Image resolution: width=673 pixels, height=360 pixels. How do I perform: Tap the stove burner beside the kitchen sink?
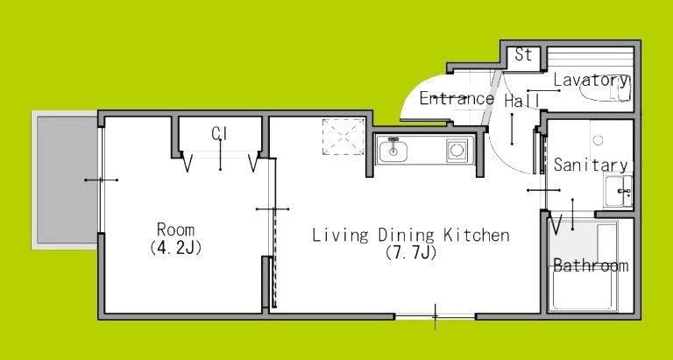click(x=457, y=152)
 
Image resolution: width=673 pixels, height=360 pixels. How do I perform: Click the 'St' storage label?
click(x=523, y=54)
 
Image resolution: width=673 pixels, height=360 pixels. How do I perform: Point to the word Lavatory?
click(x=592, y=81)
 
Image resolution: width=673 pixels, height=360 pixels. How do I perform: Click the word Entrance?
click(x=456, y=98)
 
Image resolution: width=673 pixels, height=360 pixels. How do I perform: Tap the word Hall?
click(x=521, y=101)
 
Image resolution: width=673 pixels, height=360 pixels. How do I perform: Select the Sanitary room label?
click(x=590, y=165)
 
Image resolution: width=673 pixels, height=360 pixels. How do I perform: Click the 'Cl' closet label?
click(x=219, y=133)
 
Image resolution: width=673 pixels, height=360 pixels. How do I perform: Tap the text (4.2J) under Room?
click(x=176, y=248)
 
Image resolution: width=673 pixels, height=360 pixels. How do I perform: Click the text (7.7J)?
click(x=410, y=253)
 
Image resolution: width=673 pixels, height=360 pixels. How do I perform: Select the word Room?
click(x=176, y=230)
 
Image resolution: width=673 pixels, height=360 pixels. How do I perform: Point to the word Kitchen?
click(x=475, y=235)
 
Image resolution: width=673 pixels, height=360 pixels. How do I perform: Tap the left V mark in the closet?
click(x=188, y=163)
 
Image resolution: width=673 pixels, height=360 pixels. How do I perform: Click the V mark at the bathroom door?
click(x=556, y=224)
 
